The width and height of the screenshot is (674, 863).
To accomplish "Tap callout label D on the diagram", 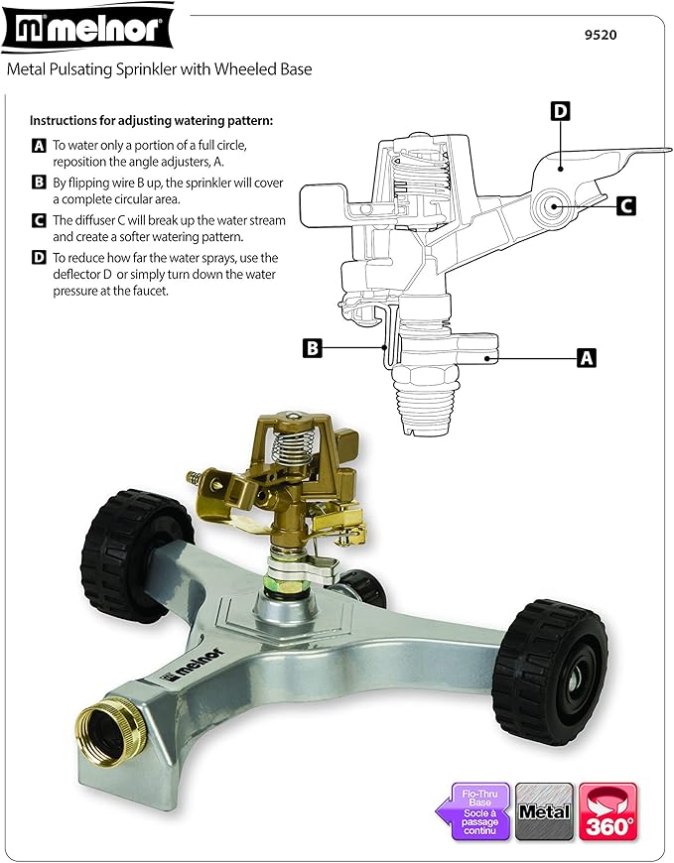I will click(x=560, y=111).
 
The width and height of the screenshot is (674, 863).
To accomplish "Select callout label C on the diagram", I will click(x=625, y=205).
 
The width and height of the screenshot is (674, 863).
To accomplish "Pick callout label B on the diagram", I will click(x=312, y=348).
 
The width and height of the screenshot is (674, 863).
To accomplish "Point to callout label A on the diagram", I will click(x=587, y=357).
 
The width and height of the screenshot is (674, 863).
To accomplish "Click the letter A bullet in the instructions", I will click(x=39, y=146).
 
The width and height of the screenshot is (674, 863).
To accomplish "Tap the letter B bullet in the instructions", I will click(x=39, y=183).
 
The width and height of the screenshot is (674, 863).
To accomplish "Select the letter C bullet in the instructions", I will click(x=39, y=220).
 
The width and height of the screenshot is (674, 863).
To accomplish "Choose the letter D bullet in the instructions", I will click(x=39, y=257).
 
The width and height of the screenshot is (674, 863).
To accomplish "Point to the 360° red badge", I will click(x=608, y=812).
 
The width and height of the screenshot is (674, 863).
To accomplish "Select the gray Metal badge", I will click(x=544, y=812).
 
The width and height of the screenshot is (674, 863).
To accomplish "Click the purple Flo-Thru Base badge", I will click(x=475, y=812).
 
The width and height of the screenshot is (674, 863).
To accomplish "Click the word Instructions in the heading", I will click(x=65, y=121).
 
